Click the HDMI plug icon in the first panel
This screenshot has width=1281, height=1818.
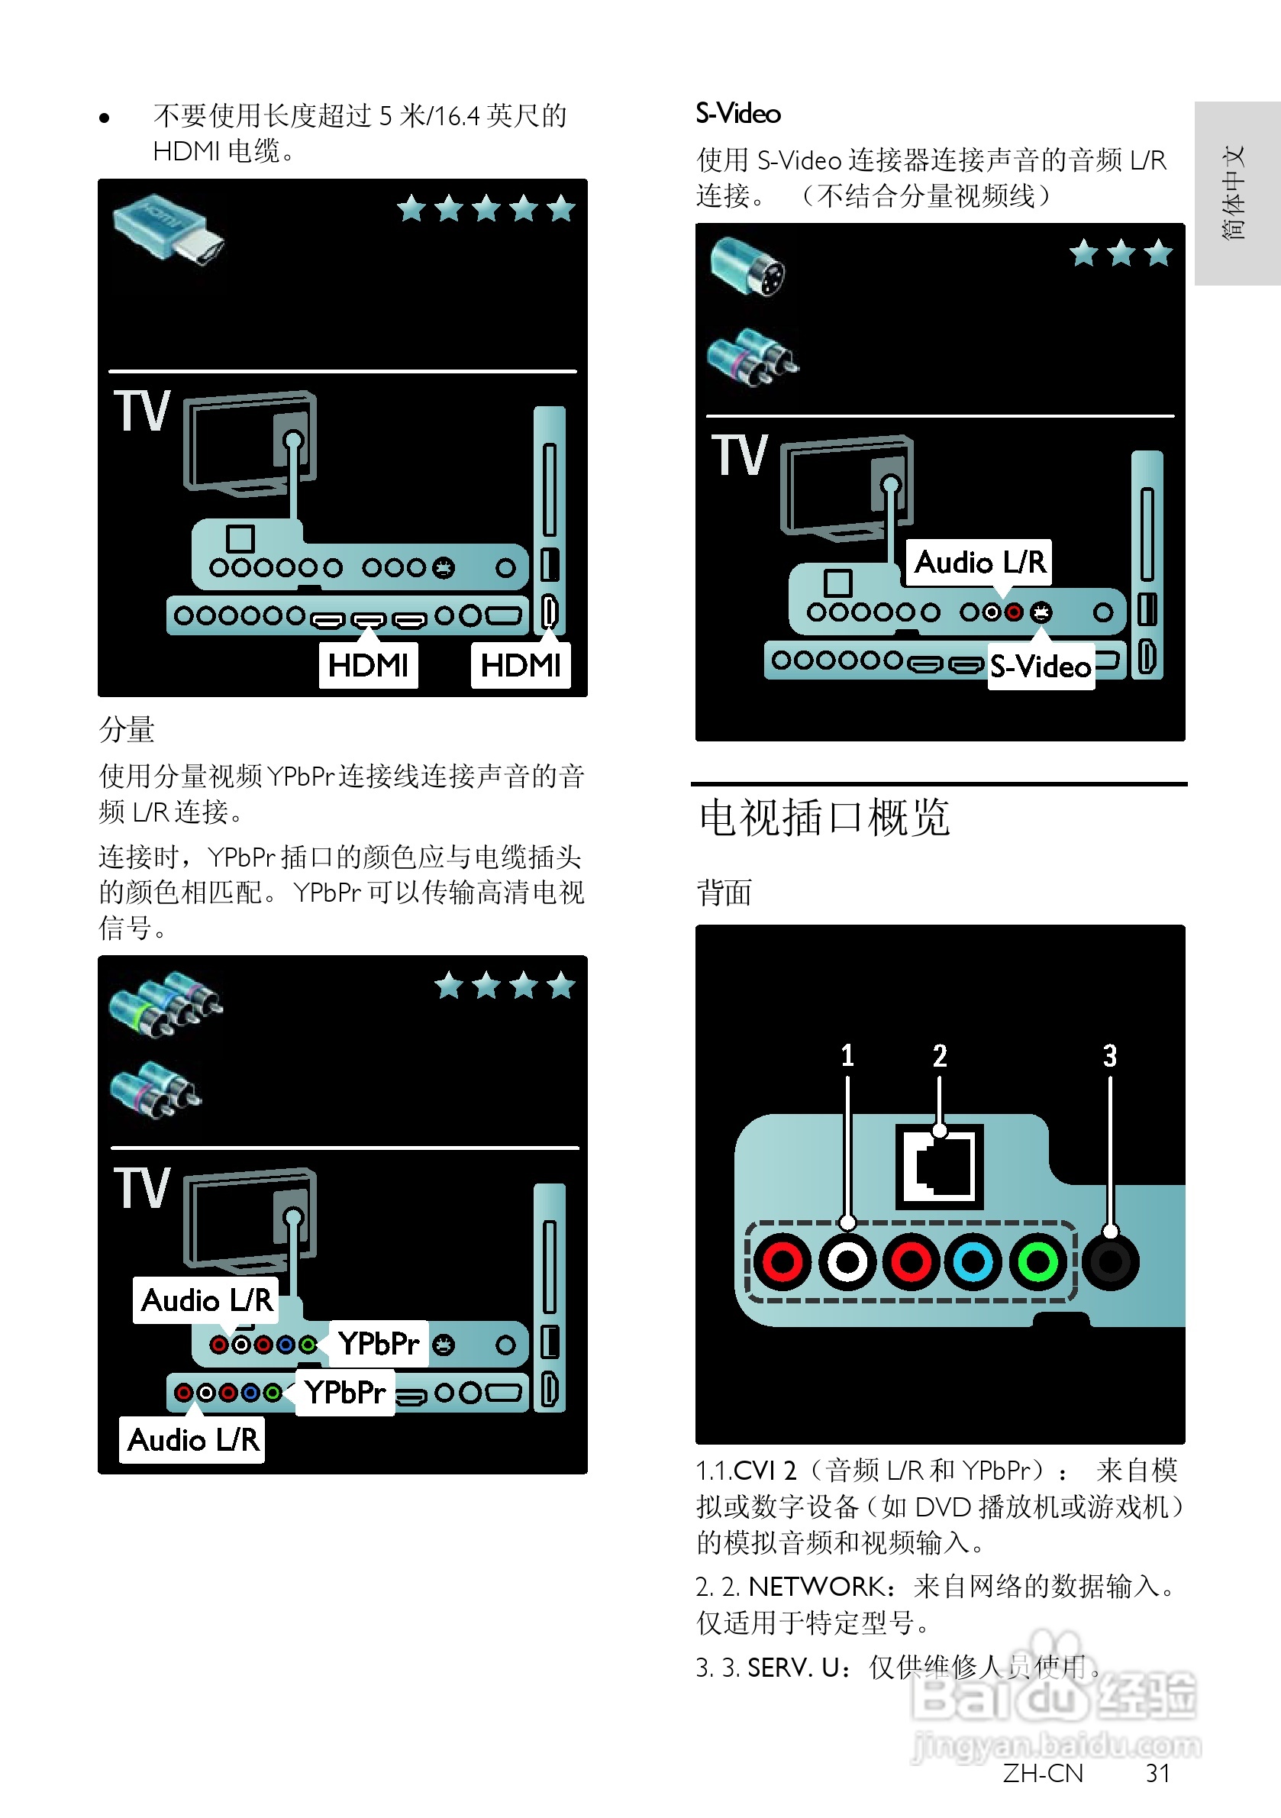(169, 231)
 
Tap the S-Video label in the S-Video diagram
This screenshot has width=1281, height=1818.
(1041, 667)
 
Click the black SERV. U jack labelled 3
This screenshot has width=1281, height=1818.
(1110, 1261)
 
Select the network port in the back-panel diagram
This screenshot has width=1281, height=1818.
(939, 1165)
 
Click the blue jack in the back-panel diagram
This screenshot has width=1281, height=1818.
(973, 1261)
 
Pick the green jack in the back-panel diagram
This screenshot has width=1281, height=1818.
(1037, 1261)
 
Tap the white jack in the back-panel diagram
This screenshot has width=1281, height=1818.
(847, 1261)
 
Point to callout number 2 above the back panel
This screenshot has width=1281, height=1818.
(940, 1055)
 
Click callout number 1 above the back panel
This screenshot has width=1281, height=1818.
(847, 1055)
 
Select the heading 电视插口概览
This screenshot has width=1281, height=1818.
(824, 817)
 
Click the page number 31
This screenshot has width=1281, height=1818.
(1158, 1773)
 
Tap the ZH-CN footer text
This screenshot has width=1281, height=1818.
(1043, 1773)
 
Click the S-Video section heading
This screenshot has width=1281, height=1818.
(738, 114)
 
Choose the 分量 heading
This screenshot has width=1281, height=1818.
(127, 729)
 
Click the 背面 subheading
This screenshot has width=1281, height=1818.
(724, 893)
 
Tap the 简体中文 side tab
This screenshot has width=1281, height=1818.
(1234, 192)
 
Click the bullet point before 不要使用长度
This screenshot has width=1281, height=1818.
(105, 119)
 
